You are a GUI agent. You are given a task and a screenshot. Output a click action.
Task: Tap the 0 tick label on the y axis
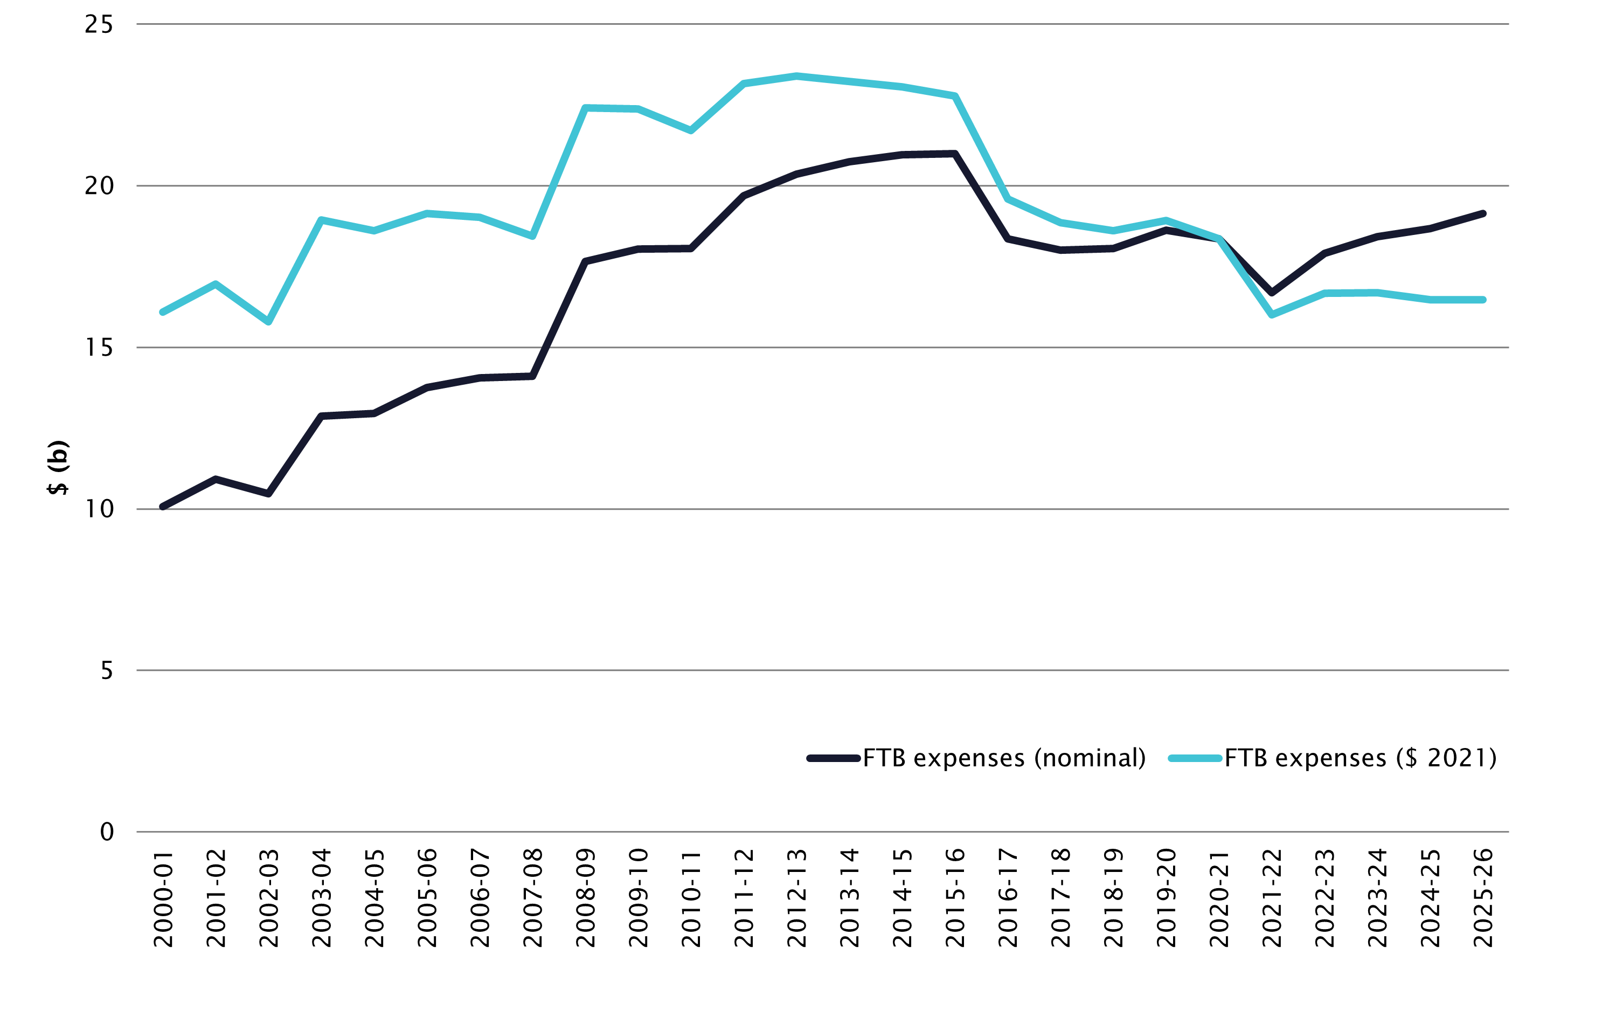coord(107,832)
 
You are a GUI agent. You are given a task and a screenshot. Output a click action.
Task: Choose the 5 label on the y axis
coord(107,670)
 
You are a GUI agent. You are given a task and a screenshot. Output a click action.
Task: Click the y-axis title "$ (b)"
coord(58,467)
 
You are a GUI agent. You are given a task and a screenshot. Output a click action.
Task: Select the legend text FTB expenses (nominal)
coord(1004,758)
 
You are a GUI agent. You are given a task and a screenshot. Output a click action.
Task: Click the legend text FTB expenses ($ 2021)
coord(1361,758)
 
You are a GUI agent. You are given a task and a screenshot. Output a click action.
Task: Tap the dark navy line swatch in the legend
coord(833,758)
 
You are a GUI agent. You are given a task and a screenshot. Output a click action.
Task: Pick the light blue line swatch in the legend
coord(1195,758)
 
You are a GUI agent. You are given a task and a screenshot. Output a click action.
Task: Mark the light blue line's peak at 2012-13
coord(796,76)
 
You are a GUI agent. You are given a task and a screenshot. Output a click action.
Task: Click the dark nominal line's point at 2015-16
coord(955,154)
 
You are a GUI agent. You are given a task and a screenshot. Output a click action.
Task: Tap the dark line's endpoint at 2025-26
coord(1483,214)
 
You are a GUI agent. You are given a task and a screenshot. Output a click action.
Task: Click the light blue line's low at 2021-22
coord(1272,315)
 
